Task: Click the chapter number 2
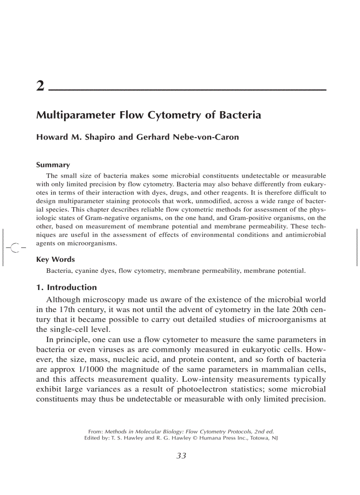(40, 86)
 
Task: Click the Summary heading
(52, 165)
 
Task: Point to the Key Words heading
(55, 260)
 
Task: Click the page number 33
(181, 456)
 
